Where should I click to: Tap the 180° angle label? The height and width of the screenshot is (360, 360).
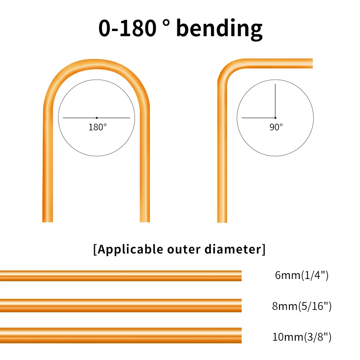coord(97,127)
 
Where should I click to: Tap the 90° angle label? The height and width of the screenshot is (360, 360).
coord(276,127)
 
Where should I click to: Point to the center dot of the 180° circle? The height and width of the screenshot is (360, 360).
coord(96,118)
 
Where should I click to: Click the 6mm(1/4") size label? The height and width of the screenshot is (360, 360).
coord(302,275)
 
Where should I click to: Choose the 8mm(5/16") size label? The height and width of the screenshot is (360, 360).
coord(302,306)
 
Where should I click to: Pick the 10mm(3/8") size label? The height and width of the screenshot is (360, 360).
coord(302,337)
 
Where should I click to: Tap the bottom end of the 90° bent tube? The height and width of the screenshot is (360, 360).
coord(222,220)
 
